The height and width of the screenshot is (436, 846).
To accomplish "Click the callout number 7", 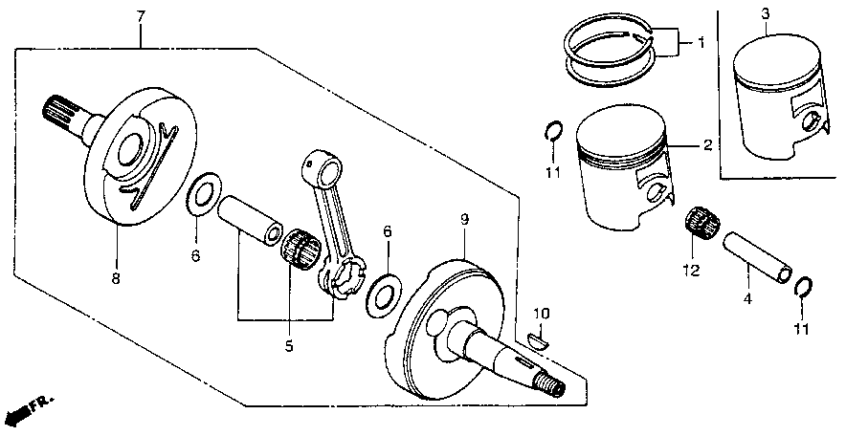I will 141,16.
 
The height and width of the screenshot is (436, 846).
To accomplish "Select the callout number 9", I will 463,220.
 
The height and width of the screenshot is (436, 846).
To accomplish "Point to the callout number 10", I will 542,313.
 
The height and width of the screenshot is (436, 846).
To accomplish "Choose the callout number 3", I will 767,14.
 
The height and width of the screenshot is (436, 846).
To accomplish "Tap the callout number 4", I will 747,299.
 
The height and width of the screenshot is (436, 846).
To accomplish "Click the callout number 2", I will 706,145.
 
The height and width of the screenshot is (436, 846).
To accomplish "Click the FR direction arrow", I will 27,407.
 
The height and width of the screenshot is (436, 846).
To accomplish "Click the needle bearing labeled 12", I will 703,224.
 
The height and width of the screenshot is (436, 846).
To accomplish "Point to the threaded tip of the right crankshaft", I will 553,386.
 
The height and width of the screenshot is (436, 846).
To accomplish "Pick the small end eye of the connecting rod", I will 320,166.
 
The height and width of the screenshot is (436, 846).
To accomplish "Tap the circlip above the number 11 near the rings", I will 553,132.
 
